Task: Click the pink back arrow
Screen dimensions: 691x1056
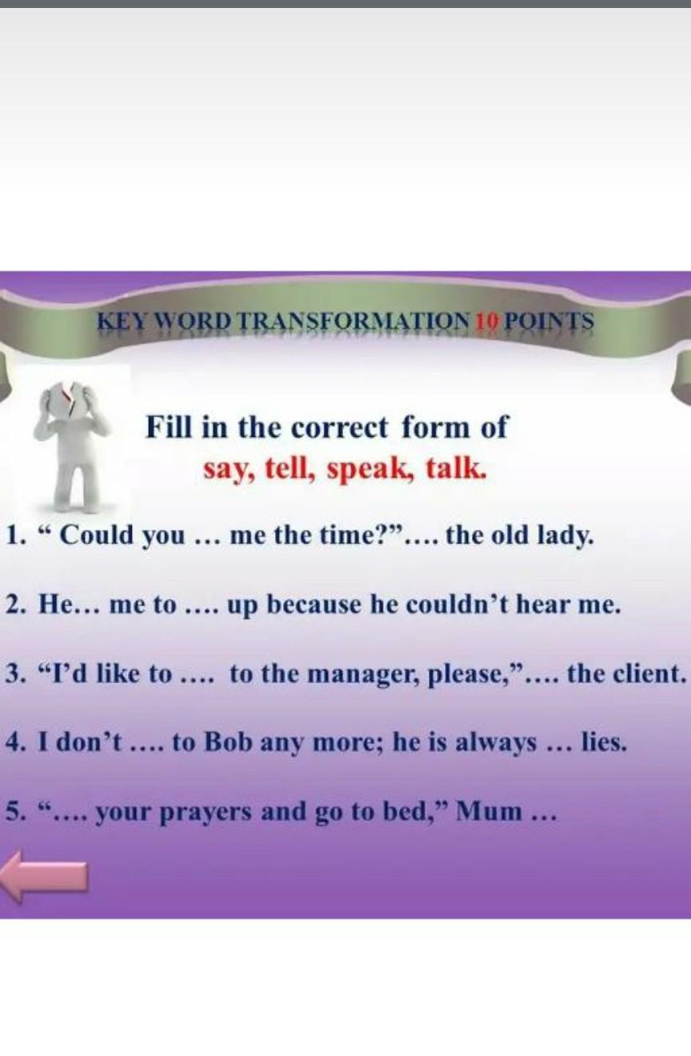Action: click(44, 875)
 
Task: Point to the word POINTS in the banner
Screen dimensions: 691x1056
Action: click(549, 322)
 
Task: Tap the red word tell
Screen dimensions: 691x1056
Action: click(290, 468)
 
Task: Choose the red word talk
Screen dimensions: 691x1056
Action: click(455, 468)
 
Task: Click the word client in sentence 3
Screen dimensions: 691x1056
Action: click(649, 674)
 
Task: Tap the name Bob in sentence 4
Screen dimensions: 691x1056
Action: click(230, 743)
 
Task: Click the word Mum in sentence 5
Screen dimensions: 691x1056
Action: click(489, 812)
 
